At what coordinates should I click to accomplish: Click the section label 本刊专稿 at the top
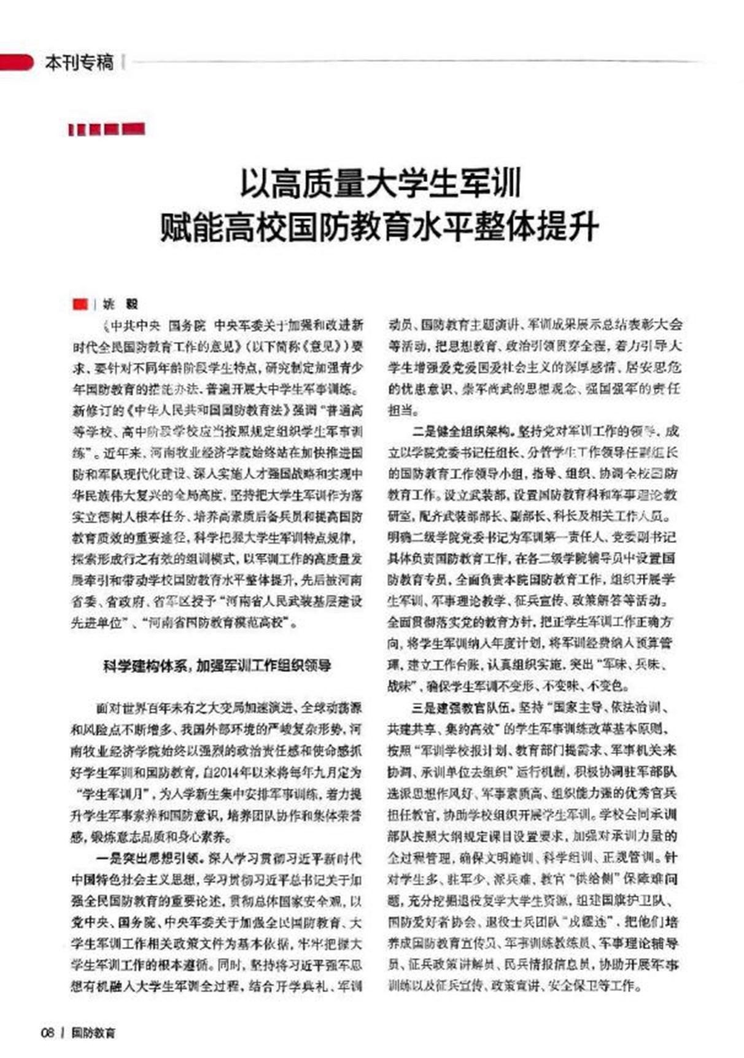tap(79, 63)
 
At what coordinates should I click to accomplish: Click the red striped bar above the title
tap(107, 129)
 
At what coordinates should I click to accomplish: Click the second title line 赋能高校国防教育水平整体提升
tap(379, 226)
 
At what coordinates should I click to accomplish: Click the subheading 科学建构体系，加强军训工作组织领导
tap(217, 666)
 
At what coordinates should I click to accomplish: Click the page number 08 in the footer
tap(48, 1032)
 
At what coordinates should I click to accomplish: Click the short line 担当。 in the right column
tap(403, 409)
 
